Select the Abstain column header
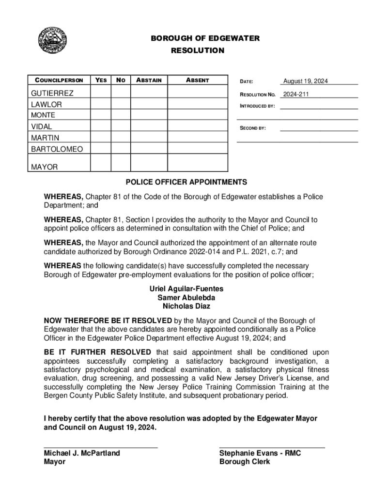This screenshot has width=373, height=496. click(x=149, y=80)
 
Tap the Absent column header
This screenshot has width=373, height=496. click(x=197, y=80)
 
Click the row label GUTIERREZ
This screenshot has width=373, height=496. click(x=52, y=93)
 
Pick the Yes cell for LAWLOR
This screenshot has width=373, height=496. click(x=101, y=104)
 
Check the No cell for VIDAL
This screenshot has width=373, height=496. click(x=121, y=126)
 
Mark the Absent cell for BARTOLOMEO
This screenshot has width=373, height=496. click(x=197, y=149)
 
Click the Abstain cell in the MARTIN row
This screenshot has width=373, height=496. click(x=149, y=138)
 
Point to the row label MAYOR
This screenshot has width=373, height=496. click(x=44, y=167)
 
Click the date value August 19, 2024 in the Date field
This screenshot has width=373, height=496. click(x=306, y=81)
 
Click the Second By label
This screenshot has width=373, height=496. click(x=253, y=128)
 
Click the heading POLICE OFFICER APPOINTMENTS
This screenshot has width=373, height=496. click(x=186, y=182)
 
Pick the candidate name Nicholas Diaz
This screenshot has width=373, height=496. click(x=186, y=306)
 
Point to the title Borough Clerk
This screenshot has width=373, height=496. click(x=245, y=462)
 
